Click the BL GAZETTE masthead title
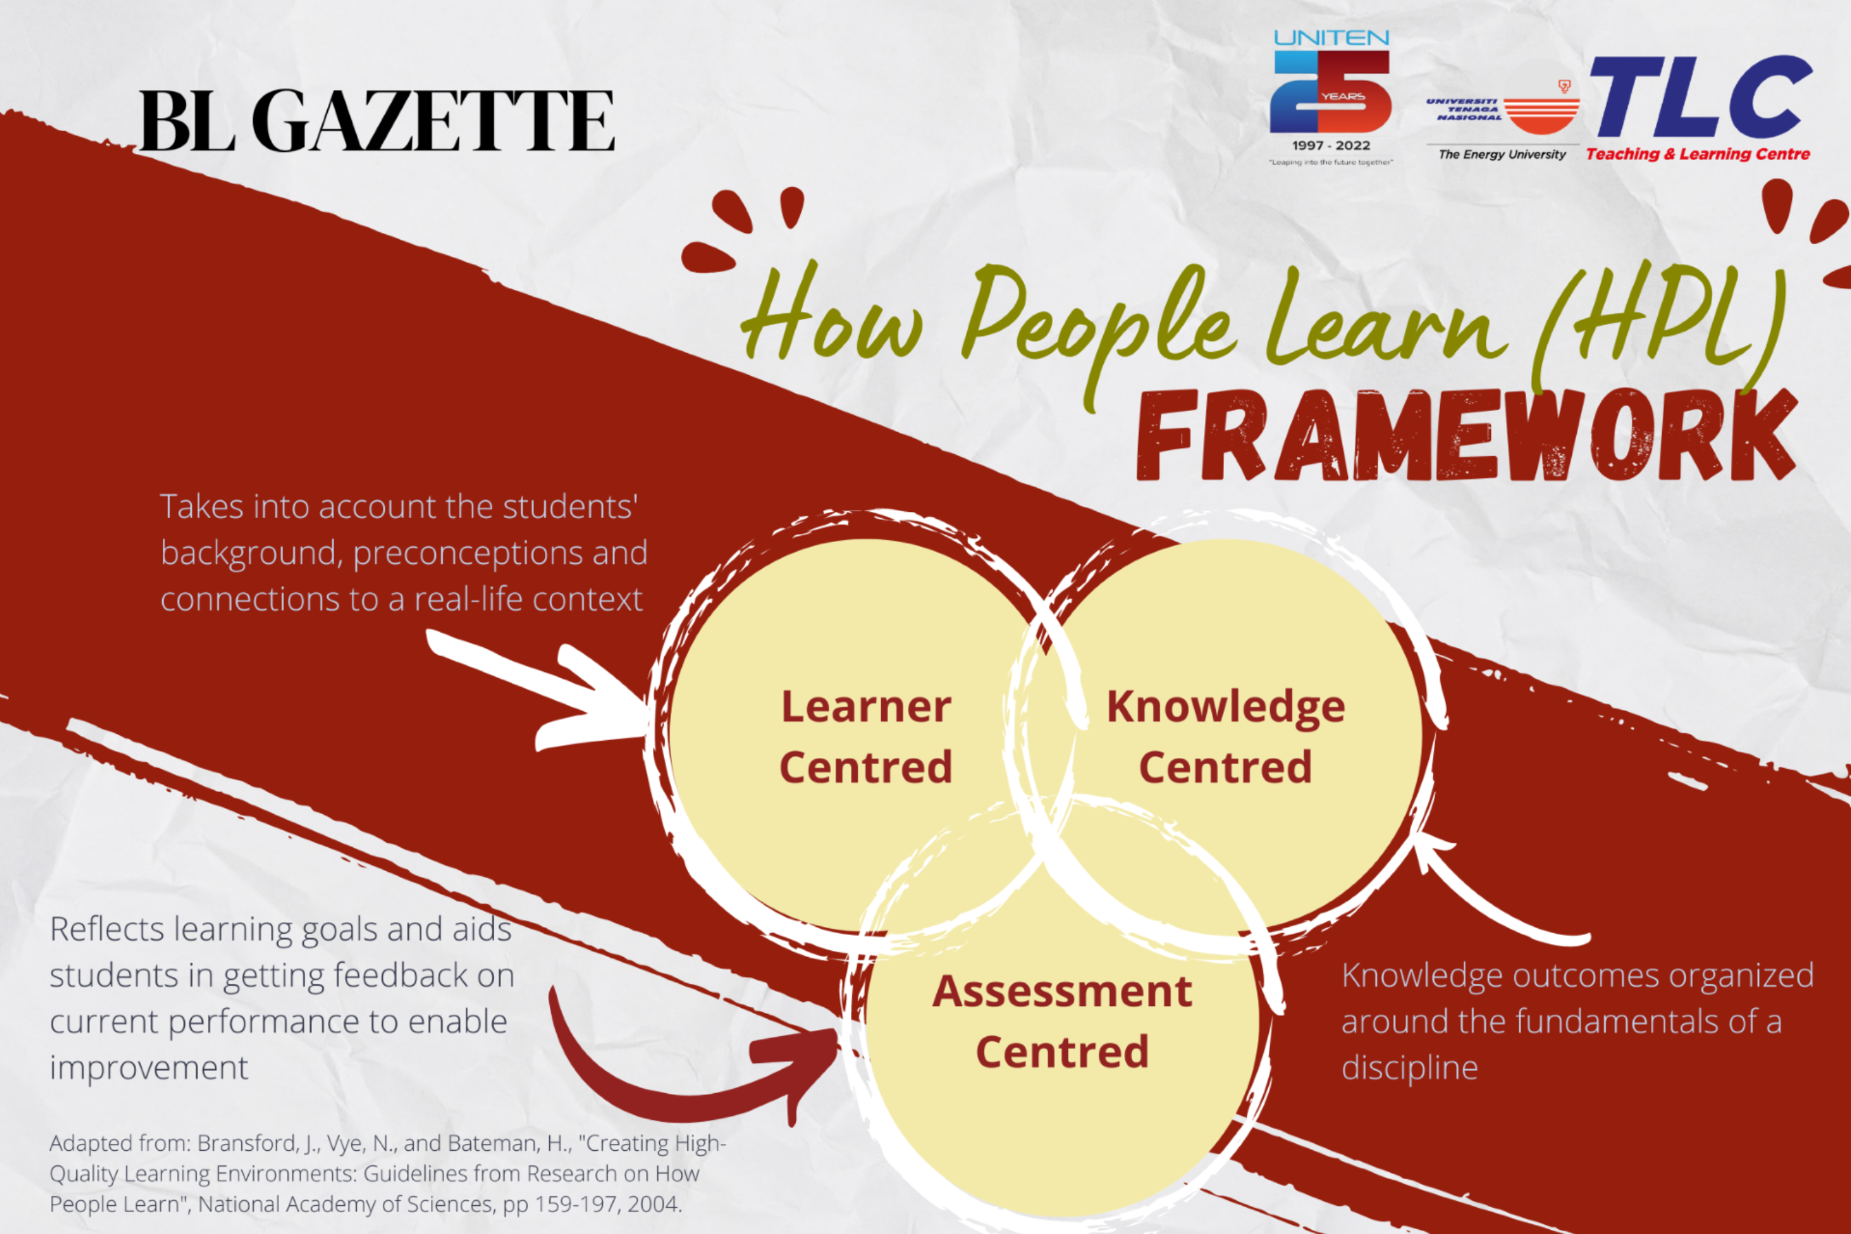point(377,120)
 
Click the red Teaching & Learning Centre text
point(1698,154)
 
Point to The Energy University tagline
point(1503,154)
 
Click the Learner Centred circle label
point(866,737)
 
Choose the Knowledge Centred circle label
point(1226,737)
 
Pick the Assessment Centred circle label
point(1062,1022)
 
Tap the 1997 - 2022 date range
point(1331,146)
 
